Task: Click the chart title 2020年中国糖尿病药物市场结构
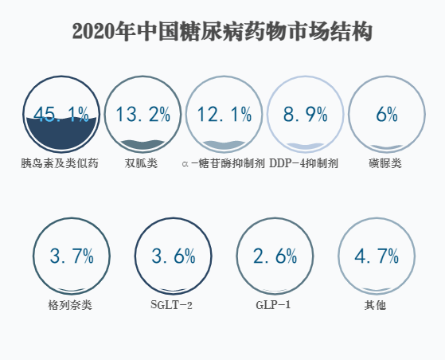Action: [222, 32]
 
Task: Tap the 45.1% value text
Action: [61, 115]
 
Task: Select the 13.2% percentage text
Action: [142, 115]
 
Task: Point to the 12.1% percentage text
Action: [224, 115]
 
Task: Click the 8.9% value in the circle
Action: [306, 115]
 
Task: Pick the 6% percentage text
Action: [387, 115]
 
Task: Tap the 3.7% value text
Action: [71, 256]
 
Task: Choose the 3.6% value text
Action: [173, 256]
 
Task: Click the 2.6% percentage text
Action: [275, 256]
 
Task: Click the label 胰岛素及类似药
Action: [61, 163]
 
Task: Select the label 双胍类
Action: [142, 163]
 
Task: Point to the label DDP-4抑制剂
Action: [304, 163]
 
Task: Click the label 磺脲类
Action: [386, 163]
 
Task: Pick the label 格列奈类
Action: [70, 304]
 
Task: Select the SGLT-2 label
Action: [172, 304]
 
